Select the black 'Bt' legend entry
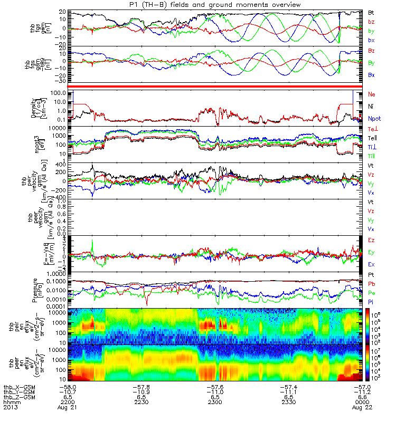tap(372, 12)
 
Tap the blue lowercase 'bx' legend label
tap(372, 41)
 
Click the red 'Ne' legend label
tap(372, 94)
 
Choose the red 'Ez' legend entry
tap(372, 241)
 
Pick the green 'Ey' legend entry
tap(372, 252)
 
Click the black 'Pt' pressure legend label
tap(372, 275)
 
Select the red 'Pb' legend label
tap(372, 284)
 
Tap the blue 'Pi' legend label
tap(371, 302)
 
